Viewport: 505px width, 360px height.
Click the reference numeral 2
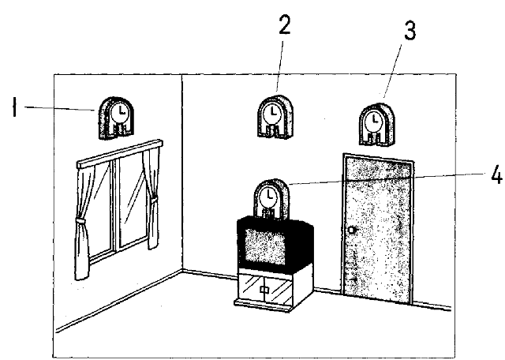[285, 27]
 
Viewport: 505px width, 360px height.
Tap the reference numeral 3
[409, 33]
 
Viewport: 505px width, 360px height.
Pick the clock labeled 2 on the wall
[273, 118]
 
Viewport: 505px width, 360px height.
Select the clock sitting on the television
[270, 197]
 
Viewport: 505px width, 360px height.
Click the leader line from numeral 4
[379, 180]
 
